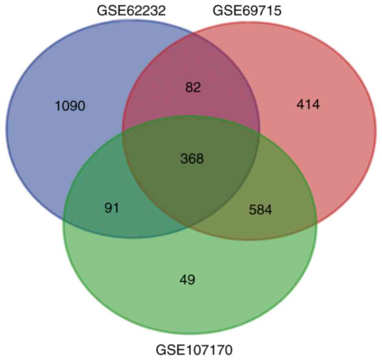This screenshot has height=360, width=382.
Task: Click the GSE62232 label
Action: point(131,11)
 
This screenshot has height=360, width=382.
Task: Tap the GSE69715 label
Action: point(247,11)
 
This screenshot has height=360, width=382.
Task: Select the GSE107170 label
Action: point(194,350)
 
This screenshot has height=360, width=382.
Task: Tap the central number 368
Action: point(192,159)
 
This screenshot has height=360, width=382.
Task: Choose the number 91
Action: point(112,208)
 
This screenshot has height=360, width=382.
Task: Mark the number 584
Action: point(261,210)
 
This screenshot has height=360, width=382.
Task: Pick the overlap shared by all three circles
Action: point(192,174)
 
